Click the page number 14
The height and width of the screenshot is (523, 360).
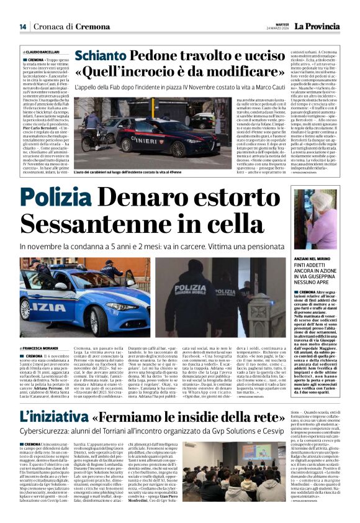click(x=22, y=26)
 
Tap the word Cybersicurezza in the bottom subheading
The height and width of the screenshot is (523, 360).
click(x=45, y=434)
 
